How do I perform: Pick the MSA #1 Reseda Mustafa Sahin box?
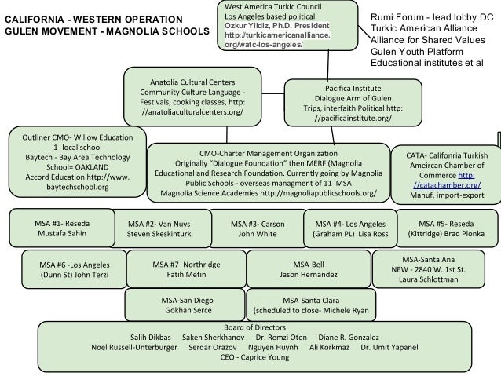click(61, 206)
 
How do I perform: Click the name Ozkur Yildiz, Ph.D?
click(252, 26)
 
